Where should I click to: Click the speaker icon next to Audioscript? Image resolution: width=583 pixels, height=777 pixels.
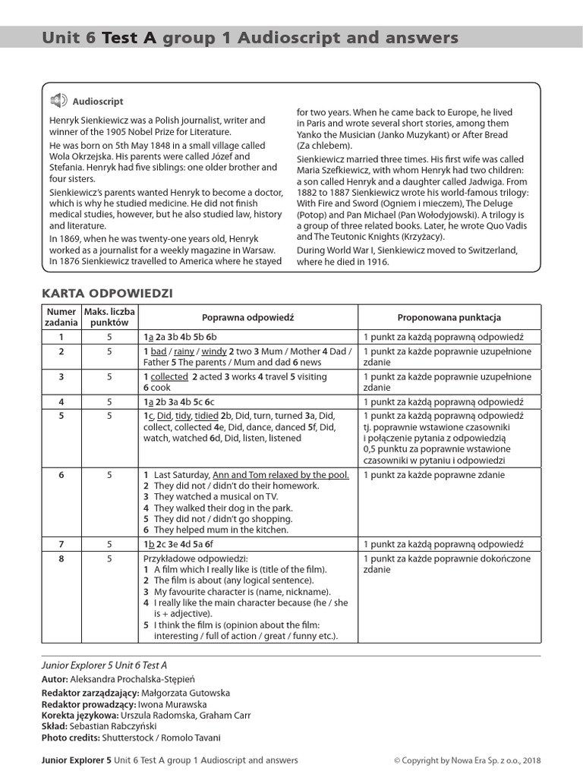tap(58, 101)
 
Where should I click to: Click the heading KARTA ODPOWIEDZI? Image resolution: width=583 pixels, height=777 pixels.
tap(107, 293)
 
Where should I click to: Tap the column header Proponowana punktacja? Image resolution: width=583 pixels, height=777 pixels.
tap(449, 317)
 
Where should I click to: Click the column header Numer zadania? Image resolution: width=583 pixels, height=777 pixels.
tap(61, 317)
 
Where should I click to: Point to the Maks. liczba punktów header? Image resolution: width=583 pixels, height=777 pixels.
tap(109, 317)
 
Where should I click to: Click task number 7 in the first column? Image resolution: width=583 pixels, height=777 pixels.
tap(61, 544)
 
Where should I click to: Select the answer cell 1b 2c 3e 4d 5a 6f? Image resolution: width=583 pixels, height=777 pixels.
tap(178, 544)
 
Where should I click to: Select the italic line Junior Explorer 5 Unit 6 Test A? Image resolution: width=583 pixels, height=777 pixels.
tap(103, 665)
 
